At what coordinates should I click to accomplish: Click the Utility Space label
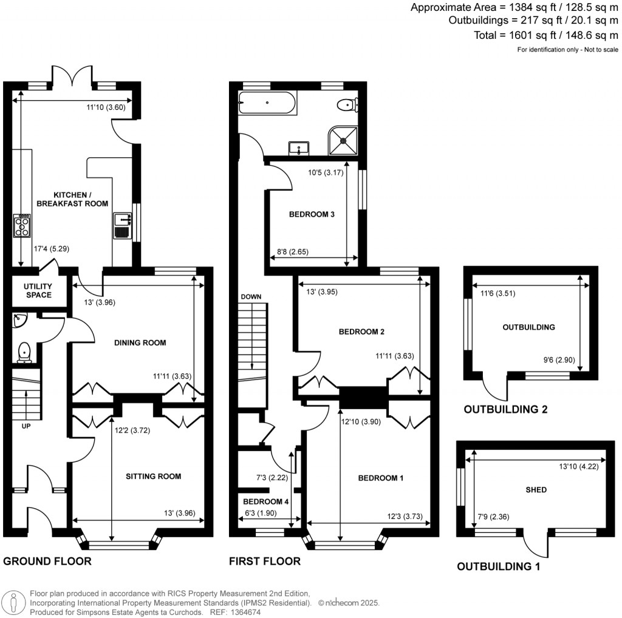click(x=38, y=291)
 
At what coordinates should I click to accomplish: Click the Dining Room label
click(x=140, y=343)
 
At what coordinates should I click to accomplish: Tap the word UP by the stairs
click(x=26, y=426)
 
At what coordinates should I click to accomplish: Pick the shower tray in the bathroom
click(x=344, y=140)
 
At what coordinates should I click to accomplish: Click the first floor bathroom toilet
click(x=347, y=104)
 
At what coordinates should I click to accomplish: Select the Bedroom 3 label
click(x=312, y=214)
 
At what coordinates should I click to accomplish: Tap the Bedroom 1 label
click(x=381, y=478)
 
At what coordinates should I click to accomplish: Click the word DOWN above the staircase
click(x=251, y=297)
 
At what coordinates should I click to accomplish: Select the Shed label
click(x=536, y=490)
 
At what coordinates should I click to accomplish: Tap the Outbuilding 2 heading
click(x=505, y=410)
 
